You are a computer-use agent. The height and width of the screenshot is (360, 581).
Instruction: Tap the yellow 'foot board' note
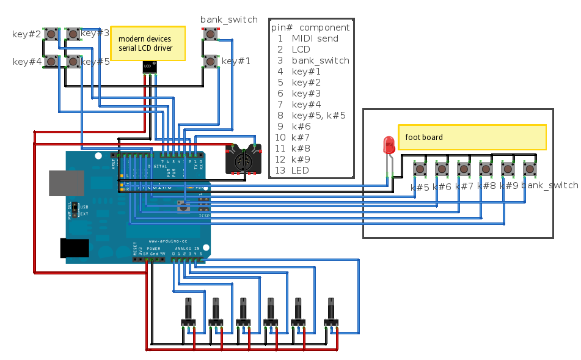pyautogui.click(x=472, y=137)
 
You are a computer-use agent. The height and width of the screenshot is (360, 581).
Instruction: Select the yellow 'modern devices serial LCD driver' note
pyautogui.click(x=147, y=43)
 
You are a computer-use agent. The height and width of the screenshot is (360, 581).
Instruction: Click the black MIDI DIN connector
pyautogui.click(x=244, y=159)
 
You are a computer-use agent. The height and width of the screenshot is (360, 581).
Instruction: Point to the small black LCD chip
pyautogui.click(x=148, y=67)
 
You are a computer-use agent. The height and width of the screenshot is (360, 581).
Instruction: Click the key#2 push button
pyautogui.click(x=51, y=34)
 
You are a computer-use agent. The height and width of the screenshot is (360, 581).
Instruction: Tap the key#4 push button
pyautogui.click(x=51, y=61)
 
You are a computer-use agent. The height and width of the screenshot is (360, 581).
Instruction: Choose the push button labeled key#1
pyautogui.click(x=210, y=61)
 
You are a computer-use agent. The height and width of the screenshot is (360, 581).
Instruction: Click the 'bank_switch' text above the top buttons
pyautogui.click(x=228, y=20)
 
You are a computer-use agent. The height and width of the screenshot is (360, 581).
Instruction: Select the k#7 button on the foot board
pyautogui.click(x=464, y=168)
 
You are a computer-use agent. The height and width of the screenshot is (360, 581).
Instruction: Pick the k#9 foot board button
pyautogui.click(x=508, y=168)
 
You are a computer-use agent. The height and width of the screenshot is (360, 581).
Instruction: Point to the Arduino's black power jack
pyautogui.click(x=75, y=248)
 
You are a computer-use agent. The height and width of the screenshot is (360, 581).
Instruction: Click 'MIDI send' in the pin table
pyautogui.click(x=315, y=39)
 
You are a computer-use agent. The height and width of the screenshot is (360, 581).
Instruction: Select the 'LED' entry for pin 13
pyautogui.click(x=300, y=171)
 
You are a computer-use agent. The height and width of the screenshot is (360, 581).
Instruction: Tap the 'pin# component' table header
pyautogui.click(x=310, y=28)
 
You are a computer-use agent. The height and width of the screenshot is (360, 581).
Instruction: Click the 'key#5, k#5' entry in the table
pyautogui.click(x=318, y=116)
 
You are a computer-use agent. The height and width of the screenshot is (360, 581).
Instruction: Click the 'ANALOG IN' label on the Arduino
pyautogui.click(x=188, y=249)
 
